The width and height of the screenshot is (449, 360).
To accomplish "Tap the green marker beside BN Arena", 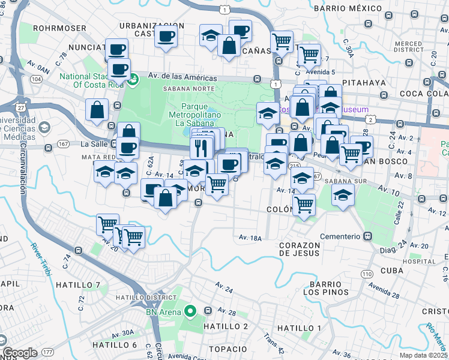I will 190,310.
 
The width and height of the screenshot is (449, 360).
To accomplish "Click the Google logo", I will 20,353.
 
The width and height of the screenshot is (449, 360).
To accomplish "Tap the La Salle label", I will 94,144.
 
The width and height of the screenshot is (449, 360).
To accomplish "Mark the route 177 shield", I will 48,352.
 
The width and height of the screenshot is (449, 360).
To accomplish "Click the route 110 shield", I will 366,274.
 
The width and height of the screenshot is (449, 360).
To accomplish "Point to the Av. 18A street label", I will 250,238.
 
